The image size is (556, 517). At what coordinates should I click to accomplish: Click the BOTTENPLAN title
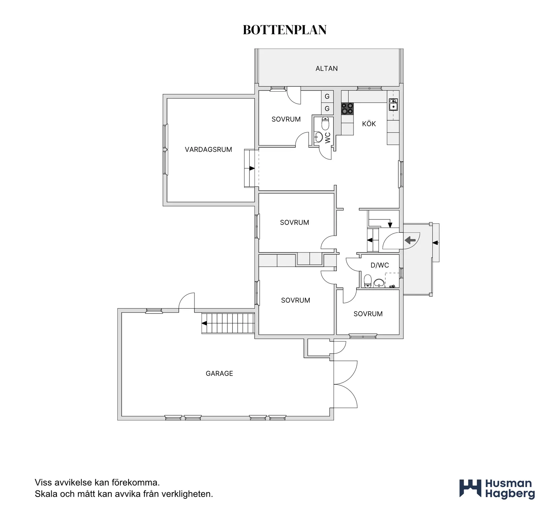[x=285, y=30]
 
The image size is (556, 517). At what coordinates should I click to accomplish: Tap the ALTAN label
[x=327, y=68]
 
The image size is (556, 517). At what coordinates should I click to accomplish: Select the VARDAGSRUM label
[x=208, y=149]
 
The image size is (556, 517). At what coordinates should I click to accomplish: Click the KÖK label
[x=369, y=124]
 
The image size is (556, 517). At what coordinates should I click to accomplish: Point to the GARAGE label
[x=219, y=373]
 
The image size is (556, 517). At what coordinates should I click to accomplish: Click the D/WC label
[x=380, y=265]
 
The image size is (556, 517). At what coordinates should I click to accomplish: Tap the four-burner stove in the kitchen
[x=347, y=108]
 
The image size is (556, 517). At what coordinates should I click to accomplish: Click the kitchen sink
[x=393, y=104]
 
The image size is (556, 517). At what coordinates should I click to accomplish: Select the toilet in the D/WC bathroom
[x=367, y=281]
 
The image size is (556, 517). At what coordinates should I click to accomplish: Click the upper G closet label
[x=327, y=97]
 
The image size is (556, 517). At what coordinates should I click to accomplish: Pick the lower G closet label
[x=327, y=109]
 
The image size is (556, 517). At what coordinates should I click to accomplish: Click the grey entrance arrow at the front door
[x=410, y=240]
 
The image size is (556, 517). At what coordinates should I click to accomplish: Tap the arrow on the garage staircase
[x=204, y=323]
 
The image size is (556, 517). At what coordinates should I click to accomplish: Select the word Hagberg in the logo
[x=510, y=494]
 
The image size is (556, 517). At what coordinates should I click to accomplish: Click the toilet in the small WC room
[x=326, y=124]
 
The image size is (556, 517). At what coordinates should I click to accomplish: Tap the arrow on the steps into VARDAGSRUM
[x=252, y=168]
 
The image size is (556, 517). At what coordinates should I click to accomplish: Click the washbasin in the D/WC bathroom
[x=379, y=283]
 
